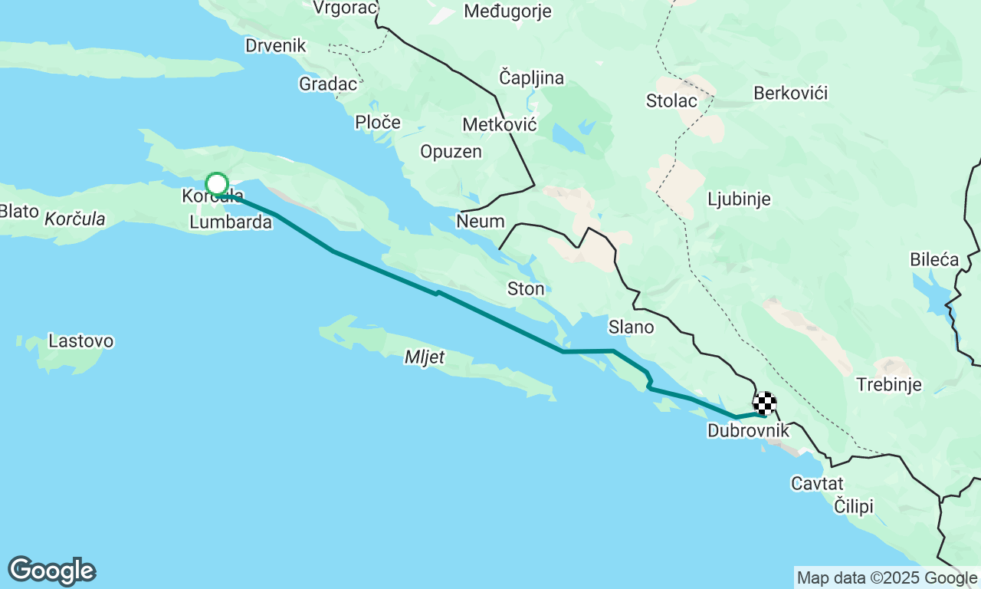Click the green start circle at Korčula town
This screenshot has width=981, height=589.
tap(217, 184)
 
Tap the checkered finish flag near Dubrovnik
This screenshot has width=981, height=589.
tap(764, 403)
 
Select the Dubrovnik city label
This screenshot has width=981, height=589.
tap(748, 431)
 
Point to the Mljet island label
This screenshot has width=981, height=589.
tap(425, 357)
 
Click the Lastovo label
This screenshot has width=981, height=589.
tap(80, 341)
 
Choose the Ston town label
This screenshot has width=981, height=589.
tap(526, 289)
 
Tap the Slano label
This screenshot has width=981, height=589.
tap(632, 327)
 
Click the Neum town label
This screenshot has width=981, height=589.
tap(481, 222)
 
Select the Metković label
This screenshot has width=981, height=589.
tap(500, 124)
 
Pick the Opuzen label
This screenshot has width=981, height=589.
tap(451, 152)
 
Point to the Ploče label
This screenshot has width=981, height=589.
tap(378, 122)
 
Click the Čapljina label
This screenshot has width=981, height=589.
tap(531, 77)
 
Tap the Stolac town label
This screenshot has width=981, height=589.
tap(671, 100)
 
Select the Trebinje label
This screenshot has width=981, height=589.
tap(889, 384)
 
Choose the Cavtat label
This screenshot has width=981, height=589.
tap(817, 483)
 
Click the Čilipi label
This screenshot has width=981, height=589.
tap(854, 506)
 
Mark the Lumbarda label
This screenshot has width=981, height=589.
tap(231, 222)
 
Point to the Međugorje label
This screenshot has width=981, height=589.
tap(508, 11)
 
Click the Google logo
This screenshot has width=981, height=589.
tap(51, 571)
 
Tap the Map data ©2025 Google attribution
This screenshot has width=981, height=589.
tap(887, 578)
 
